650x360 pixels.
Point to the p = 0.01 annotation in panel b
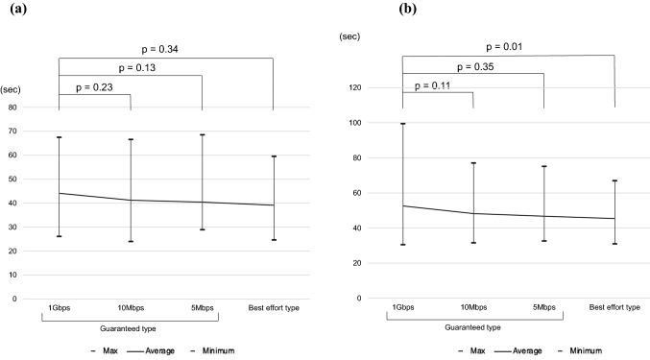point(507,45)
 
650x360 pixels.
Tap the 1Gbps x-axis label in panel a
point(60,308)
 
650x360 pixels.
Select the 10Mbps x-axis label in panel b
point(473,307)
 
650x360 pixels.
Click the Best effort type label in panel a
point(274,308)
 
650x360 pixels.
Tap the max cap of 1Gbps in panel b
point(402,124)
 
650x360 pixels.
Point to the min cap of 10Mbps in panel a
point(131,241)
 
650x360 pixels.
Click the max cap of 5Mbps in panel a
point(202,134)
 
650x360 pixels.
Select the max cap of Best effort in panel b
point(614,180)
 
